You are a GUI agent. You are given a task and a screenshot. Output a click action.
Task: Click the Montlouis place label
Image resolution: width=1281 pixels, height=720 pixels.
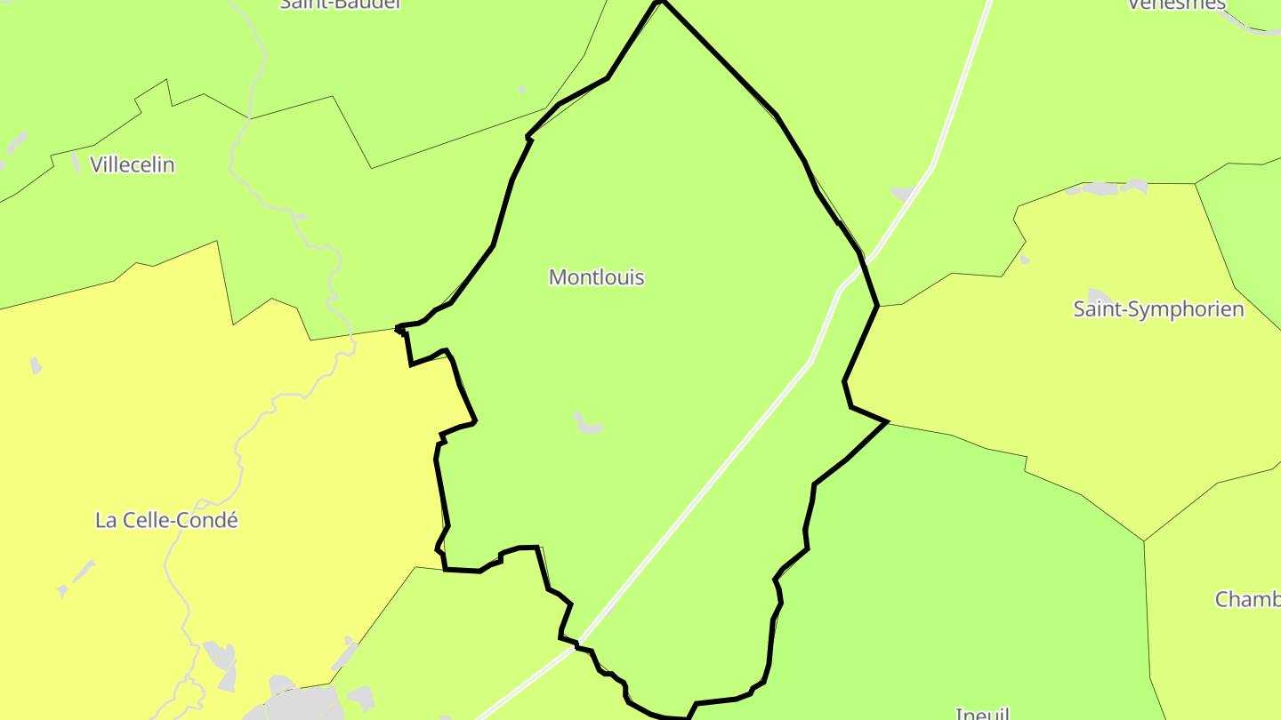point(596,277)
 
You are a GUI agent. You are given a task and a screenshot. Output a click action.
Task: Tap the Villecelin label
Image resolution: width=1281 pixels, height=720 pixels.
point(133,164)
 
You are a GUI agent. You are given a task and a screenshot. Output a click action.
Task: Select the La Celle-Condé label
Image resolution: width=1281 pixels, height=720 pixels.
point(166,520)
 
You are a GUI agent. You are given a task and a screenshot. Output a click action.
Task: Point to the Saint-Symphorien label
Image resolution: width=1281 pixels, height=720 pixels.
point(1158,309)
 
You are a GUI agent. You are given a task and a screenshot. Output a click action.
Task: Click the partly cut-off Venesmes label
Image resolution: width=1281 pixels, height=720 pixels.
point(1176,4)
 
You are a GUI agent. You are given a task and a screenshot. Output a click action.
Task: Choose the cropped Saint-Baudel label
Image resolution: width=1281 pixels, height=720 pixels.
point(341,4)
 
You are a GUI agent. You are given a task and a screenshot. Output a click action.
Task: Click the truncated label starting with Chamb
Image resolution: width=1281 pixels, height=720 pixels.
point(1247,599)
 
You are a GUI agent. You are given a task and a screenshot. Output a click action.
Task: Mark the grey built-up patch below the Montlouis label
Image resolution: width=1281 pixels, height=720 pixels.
point(588,424)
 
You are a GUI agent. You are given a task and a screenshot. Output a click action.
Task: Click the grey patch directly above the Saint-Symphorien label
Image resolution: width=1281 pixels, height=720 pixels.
point(1100,296)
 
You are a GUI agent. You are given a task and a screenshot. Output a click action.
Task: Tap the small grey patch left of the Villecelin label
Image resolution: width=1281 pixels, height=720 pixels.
point(76,163)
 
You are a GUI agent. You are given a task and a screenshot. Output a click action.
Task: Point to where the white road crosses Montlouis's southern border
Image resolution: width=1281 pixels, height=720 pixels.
point(579,643)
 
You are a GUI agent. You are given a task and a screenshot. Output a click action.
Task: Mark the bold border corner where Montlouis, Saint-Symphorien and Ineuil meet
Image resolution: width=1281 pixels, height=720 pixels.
point(887,422)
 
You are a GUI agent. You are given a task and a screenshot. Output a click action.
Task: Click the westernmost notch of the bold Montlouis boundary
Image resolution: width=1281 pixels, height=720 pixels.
point(398,329)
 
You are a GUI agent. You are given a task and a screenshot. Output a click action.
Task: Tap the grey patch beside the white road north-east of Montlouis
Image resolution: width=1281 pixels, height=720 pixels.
point(901,193)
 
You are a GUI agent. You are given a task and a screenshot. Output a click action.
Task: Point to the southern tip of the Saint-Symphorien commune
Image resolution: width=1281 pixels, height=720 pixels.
point(1144,540)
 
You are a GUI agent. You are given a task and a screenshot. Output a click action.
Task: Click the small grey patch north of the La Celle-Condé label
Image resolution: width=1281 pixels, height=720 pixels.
point(36,365)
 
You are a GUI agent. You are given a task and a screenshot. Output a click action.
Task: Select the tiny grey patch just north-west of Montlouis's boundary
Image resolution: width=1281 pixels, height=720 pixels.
point(521,90)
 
